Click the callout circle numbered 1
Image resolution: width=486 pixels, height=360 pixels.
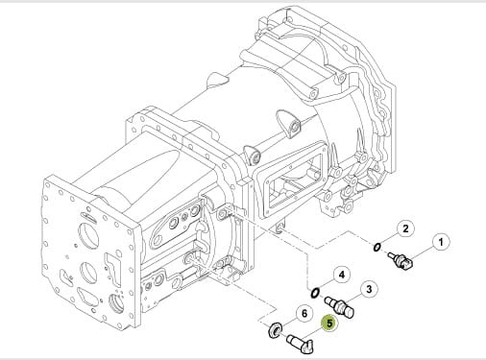(441, 242)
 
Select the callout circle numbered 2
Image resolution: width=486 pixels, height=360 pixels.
(405, 228)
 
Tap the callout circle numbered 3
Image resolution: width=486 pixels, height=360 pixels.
(369, 290)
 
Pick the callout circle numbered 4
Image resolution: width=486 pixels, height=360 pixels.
(342, 275)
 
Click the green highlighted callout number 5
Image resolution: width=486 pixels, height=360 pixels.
(329, 324)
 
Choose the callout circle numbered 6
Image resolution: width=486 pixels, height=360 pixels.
(304, 314)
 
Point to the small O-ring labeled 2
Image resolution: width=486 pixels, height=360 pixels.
(377, 248)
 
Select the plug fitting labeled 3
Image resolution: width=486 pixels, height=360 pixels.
(339, 306)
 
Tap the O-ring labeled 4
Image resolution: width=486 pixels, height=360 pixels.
(315, 293)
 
